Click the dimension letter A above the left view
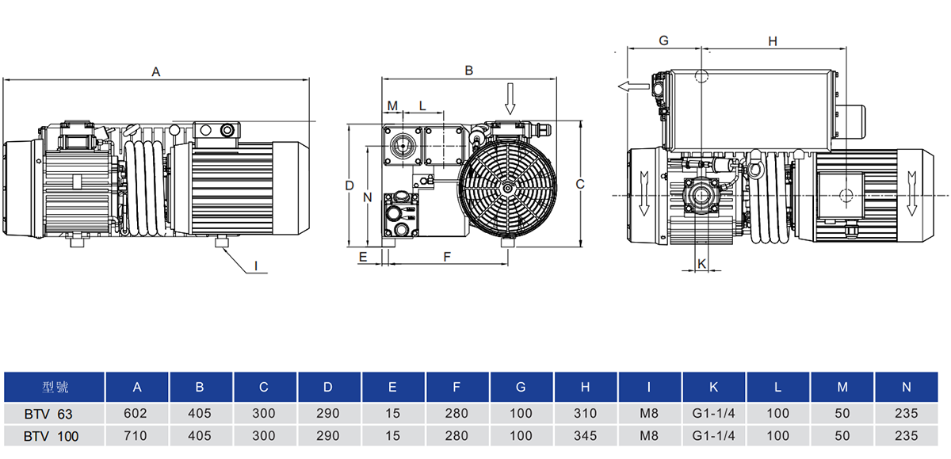pos(156,71)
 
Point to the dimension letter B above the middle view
pos(468,71)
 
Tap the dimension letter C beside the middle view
pos(580,184)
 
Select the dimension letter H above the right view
pos(773,41)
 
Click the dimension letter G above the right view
pos(664,40)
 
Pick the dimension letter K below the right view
pos(701,262)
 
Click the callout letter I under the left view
pos(255,266)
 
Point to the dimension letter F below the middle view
pos(447,257)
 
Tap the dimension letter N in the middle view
pos(366,197)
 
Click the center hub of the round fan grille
pos(507,188)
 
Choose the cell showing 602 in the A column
pos(137,413)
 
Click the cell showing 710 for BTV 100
pos(137,435)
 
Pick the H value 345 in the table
pos(585,435)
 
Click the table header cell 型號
pos(55,388)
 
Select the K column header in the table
pos(713,388)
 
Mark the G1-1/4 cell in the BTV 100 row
pos(713,435)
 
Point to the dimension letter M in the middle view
pos(392,105)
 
